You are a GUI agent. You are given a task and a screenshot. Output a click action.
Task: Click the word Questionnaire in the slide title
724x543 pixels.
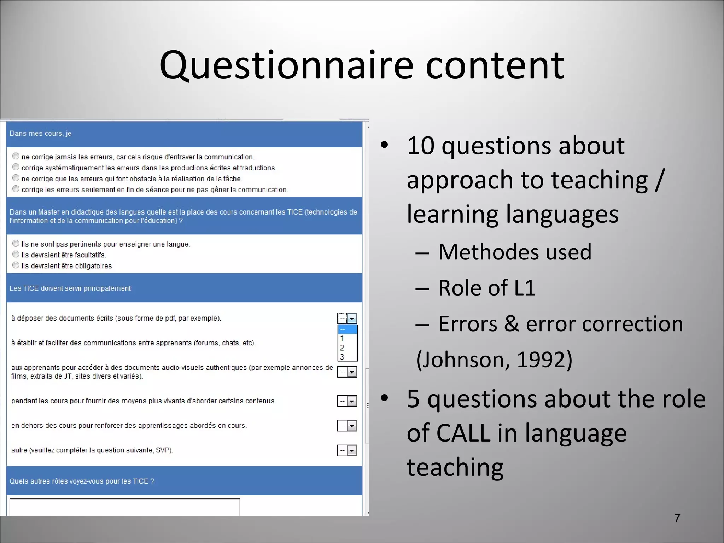(x=286, y=65)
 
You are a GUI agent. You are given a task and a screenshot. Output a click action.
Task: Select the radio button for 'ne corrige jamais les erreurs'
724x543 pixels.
(x=16, y=156)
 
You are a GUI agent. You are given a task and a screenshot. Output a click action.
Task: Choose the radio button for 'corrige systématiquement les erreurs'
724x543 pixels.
(x=16, y=167)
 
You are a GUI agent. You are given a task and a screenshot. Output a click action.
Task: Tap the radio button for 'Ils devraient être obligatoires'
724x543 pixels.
(x=16, y=265)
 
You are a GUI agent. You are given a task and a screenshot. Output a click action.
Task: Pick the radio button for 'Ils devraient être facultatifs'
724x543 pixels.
(x=16, y=254)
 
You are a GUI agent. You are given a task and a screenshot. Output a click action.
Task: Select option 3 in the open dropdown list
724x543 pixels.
(x=342, y=357)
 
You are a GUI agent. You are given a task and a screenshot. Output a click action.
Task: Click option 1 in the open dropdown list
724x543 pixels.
(x=342, y=338)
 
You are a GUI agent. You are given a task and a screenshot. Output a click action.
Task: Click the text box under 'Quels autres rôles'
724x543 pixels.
(x=124, y=507)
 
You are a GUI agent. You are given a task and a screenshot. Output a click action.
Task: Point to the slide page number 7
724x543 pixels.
(x=677, y=518)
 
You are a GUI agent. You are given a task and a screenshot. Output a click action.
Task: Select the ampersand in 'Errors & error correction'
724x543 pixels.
(x=511, y=323)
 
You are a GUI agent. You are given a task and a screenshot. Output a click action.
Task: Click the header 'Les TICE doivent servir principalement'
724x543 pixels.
(x=70, y=288)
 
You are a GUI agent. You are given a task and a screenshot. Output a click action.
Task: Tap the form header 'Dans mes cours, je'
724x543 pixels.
(x=40, y=134)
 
